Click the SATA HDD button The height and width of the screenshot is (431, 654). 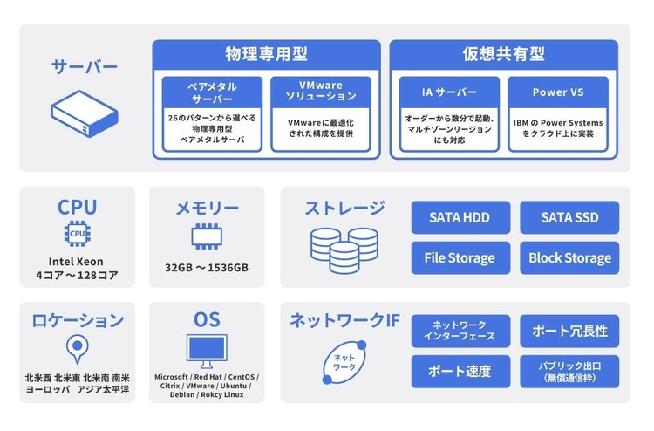tap(460, 217)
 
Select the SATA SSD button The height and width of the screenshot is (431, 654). tap(569, 217)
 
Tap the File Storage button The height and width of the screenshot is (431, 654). tap(460, 257)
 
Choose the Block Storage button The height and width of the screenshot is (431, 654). tap(569, 257)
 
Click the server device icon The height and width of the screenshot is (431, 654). tap(84, 114)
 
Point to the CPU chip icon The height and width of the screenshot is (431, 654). tap(78, 234)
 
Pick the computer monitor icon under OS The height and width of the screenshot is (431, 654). tap(207, 351)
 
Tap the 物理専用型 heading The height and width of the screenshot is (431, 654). tap(266, 53)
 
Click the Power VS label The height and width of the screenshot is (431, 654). tap(557, 92)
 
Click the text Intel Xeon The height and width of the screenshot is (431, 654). tap(78, 261)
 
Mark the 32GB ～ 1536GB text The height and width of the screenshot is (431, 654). tap(207, 267)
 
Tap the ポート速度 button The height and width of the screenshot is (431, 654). tap(460, 371)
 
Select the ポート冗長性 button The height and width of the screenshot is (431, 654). tap(569, 331)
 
